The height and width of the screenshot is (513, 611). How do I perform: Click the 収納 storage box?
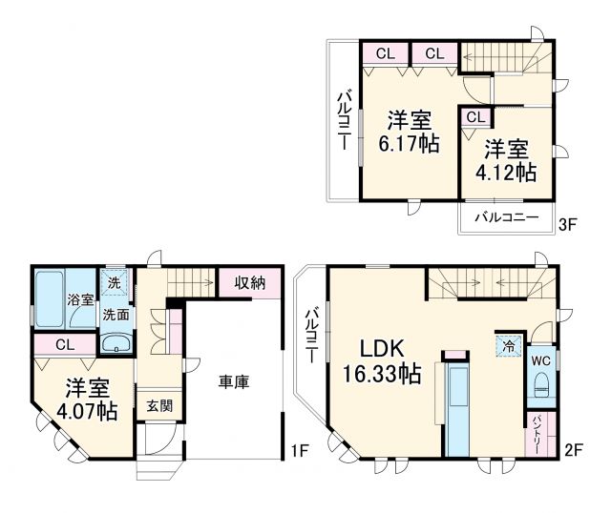[250, 282]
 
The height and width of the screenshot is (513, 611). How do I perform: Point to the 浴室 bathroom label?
[80, 299]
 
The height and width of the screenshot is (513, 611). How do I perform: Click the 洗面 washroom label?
[116, 313]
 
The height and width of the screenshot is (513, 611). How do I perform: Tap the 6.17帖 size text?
[409, 145]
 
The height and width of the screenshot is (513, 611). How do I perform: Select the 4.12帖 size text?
[508, 173]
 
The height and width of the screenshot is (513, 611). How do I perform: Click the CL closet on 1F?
[65, 344]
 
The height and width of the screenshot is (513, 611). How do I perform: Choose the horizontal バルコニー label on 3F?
[506, 217]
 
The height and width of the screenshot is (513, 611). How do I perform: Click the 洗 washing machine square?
[115, 283]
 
